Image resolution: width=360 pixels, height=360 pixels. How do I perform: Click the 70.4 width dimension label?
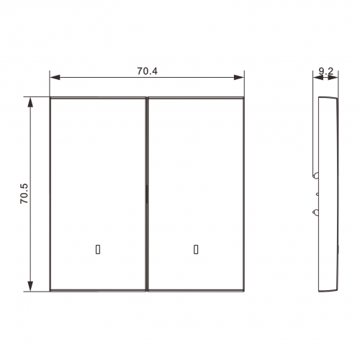coord(148,71)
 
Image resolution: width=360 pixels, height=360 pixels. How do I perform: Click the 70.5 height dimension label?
coord(24,194)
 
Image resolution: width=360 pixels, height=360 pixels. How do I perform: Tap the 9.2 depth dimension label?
coord(326,71)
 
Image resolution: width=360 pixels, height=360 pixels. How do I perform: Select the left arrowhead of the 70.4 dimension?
coord(55,77)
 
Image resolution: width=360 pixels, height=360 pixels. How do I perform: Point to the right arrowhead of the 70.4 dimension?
coord(239,77)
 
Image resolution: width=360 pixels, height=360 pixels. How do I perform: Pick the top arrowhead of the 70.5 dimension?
coord(30,102)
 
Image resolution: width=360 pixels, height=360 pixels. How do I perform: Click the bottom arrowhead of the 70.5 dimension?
coord(30,287)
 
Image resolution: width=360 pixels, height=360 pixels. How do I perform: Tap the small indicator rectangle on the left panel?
coord(98,249)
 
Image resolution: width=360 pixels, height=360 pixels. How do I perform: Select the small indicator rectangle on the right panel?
coord(196,249)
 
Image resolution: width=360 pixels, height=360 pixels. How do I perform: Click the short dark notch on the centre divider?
coord(146,194)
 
